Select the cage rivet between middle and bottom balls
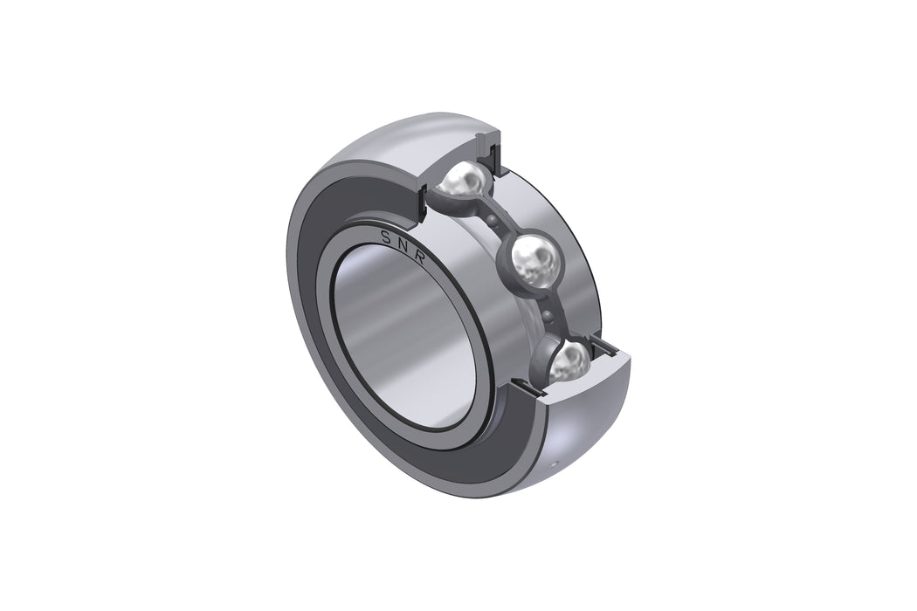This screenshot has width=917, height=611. (x=548, y=314)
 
